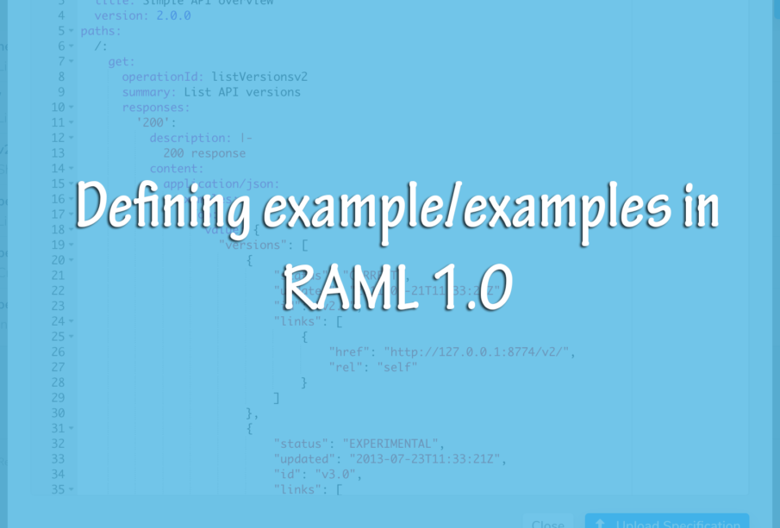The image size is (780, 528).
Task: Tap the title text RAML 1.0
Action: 397,287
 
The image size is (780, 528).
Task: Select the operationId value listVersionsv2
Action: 259,77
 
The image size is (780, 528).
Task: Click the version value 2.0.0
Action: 173,16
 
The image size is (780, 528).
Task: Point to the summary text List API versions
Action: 242,92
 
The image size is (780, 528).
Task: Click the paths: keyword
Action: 101,31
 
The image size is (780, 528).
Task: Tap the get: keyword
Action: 122,61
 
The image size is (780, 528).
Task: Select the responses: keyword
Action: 156,108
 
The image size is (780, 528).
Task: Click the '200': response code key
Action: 156,122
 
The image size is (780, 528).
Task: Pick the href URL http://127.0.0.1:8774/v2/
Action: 479,352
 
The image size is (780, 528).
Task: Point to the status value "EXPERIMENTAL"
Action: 393,444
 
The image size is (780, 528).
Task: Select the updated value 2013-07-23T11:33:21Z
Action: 419,459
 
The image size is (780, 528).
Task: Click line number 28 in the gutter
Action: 58,382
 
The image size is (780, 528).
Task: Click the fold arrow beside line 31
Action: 72,429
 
